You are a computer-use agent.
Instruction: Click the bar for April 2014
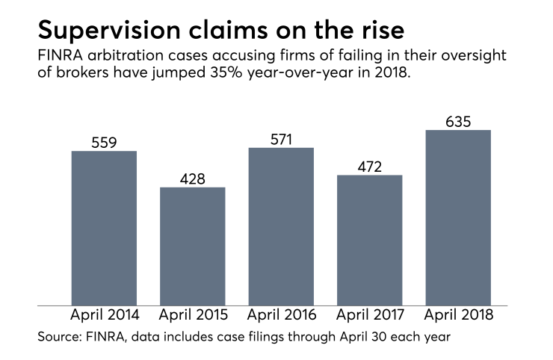pos(104,228)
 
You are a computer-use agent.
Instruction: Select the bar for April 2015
pos(192,246)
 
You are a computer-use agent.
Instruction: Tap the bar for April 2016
pos(281,226)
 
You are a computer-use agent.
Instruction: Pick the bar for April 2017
pos(369,240)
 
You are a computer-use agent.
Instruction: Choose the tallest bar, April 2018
pos(458,217)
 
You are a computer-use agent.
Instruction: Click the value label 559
pos(104,142)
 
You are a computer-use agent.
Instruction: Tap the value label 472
pos(369,166)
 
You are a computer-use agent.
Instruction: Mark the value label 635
pos(458,120)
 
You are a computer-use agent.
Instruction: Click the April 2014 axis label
pos(104,315)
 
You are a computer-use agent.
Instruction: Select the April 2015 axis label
pos(192,315)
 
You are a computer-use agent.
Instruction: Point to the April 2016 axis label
pos(281,315)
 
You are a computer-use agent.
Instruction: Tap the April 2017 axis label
pos(369,315)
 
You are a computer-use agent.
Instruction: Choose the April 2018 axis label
pos(458,315)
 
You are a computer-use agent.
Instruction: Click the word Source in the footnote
pos(59,338)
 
